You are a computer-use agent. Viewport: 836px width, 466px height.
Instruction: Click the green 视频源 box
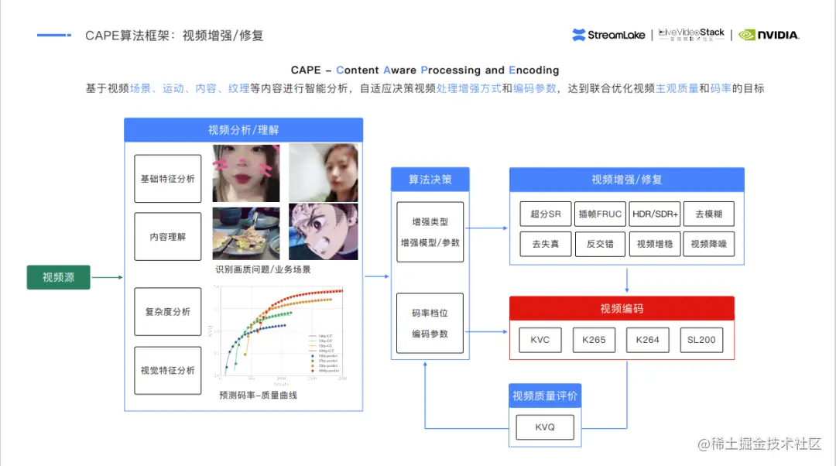59,277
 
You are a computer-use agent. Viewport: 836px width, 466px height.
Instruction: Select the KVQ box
545,427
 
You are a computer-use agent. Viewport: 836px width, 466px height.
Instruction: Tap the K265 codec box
594,340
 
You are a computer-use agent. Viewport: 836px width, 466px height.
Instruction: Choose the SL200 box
702,340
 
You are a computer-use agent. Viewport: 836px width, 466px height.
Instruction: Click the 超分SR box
546,214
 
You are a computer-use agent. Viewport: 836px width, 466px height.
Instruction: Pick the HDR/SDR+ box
654,214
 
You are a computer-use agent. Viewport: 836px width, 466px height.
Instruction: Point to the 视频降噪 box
709,245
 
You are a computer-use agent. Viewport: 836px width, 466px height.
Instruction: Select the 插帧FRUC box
600,214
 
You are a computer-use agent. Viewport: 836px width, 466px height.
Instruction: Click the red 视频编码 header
622,308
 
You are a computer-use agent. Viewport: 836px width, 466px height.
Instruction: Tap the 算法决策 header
430,180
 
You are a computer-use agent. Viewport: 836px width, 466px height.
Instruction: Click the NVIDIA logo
769,35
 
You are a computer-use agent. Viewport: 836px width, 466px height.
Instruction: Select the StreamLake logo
608,35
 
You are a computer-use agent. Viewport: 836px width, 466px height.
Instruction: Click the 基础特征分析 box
168,179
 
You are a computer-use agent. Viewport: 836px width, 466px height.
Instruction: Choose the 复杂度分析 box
168,312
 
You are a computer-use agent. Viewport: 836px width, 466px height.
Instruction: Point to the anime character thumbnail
324,231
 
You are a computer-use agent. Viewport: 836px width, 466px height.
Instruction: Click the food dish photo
246,233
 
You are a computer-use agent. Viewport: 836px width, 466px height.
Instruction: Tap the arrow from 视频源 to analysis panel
107,277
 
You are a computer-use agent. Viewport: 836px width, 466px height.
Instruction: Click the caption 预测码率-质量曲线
258,395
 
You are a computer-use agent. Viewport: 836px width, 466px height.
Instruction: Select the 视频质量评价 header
545,396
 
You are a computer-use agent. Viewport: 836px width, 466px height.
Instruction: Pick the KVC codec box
540,340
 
